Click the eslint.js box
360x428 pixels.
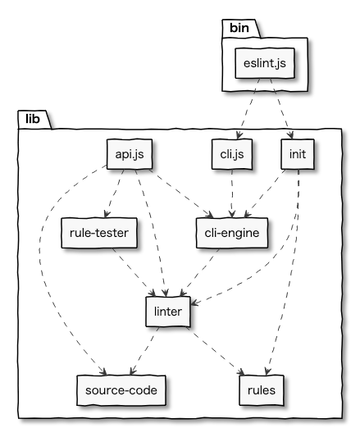(265, 63)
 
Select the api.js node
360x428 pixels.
(130, 154)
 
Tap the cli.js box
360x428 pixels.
(232, 154)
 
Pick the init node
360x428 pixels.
(298, 154)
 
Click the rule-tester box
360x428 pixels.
(99, 233)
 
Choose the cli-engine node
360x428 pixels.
(232, 233)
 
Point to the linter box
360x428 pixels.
(168, 312)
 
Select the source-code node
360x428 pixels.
(121, 390)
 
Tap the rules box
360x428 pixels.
(262, 390)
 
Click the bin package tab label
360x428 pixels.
(239, 28)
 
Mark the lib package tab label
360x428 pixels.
(33, 119)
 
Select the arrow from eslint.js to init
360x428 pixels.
(281, 109)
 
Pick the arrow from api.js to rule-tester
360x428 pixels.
(114, 194)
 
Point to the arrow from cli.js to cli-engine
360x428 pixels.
(232, 194)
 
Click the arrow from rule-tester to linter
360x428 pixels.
(134, 272)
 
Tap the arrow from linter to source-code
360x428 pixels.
(144, 351)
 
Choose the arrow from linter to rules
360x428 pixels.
(216, 351)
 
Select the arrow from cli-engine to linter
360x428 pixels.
(199, 272)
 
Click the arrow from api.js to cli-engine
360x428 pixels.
(181, 194)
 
